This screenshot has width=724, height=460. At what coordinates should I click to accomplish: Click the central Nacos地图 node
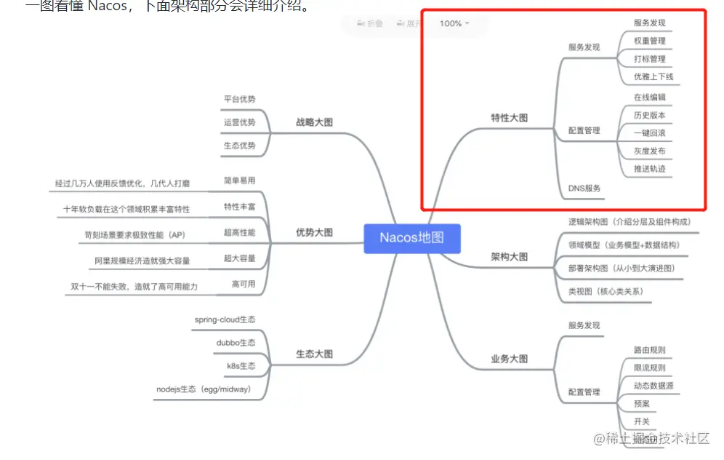pyautogui.click(x=411, y=238)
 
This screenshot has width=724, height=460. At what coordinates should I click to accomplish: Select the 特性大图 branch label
pyautogui.click(x=509, y=117)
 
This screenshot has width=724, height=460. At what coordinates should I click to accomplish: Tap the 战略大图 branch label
pyautogui.click(x=314, y=122)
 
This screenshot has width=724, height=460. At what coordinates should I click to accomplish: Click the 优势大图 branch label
pyautogui.click(x=314, y=232)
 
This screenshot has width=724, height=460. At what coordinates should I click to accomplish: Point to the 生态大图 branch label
pyautogui.click(x=314, y=354)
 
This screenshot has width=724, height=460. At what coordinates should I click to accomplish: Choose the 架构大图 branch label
pyautogui.click(x=509, y=257)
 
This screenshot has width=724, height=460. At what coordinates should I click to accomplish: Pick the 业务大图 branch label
pyautogui.click(x=509, y=359)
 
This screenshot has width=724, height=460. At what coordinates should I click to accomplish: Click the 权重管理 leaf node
pyautogui.click(x=649, y=41)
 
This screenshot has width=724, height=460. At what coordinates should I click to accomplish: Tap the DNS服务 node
pyautogui.click(x=584, y=188)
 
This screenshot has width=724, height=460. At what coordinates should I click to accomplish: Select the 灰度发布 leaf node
pyautogui.click(x=649, y=151)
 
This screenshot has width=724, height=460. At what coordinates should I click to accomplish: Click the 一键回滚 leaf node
pyautogui.click(x=649, y=133)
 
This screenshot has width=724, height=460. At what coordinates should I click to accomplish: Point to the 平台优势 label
pyautogui.click(x=239, y=99)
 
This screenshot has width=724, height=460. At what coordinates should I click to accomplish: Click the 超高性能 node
pyautogui.click(x=239, y=232)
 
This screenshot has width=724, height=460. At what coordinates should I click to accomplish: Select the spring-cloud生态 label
pyautogui.click(x=225, y=320)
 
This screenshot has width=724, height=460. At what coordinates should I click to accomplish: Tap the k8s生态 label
pyautogui.click(x=237, y=365)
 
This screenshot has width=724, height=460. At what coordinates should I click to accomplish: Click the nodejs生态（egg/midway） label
pyautogui.click(x=204, y=389)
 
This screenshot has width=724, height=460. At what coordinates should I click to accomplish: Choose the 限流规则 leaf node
pyautogui.click(x=649, y=368)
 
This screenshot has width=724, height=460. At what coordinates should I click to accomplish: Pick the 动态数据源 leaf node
pyautogui.click(x=653, y=385)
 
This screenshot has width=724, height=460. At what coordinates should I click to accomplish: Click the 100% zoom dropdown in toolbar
pyautogui.click(x=454, y=23)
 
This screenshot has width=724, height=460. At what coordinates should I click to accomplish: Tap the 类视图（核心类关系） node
pyautogui.click(x=605, y=291)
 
